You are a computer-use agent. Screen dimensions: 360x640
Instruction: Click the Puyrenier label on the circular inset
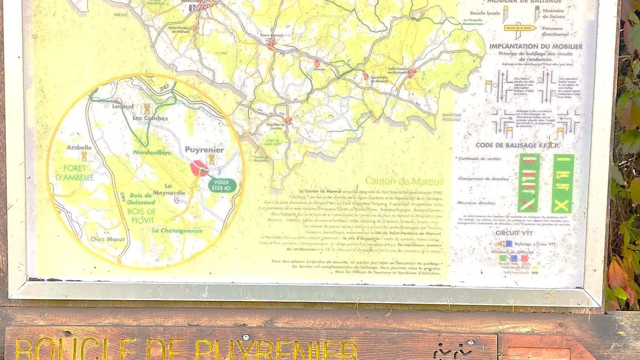[x=204, y=150]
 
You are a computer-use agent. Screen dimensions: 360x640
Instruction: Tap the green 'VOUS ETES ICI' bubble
[x=221, y=185]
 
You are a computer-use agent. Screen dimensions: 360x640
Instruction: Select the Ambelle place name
[x=79, y=147]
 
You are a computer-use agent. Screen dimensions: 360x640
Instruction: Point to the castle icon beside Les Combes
[x=146, y=108]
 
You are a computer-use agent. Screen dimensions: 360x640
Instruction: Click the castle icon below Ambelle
[x=84, y=156]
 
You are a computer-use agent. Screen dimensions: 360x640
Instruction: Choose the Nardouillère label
[x=152, y=152]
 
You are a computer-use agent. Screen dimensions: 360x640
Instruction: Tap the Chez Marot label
[x=107, y=239]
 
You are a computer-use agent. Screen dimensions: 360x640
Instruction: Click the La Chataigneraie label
[x=177, y=231]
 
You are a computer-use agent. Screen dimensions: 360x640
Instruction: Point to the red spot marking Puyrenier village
[x=199, y=168]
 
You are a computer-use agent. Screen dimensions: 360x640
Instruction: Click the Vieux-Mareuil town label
[x=271, y=35]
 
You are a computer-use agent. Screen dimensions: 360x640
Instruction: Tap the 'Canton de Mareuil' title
[x=404, y=181]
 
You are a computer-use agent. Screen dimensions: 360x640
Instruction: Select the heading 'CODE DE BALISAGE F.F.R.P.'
[x=517, y=145]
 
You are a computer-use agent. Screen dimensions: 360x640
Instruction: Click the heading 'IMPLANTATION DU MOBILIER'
[x=536, y=46]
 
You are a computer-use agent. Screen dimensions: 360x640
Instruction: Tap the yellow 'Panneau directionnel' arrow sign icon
[x=520, y=29]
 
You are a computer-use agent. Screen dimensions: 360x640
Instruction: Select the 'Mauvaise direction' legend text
[x=476, y=203]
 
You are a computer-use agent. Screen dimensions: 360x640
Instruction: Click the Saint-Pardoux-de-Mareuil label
[x=180, y=29]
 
